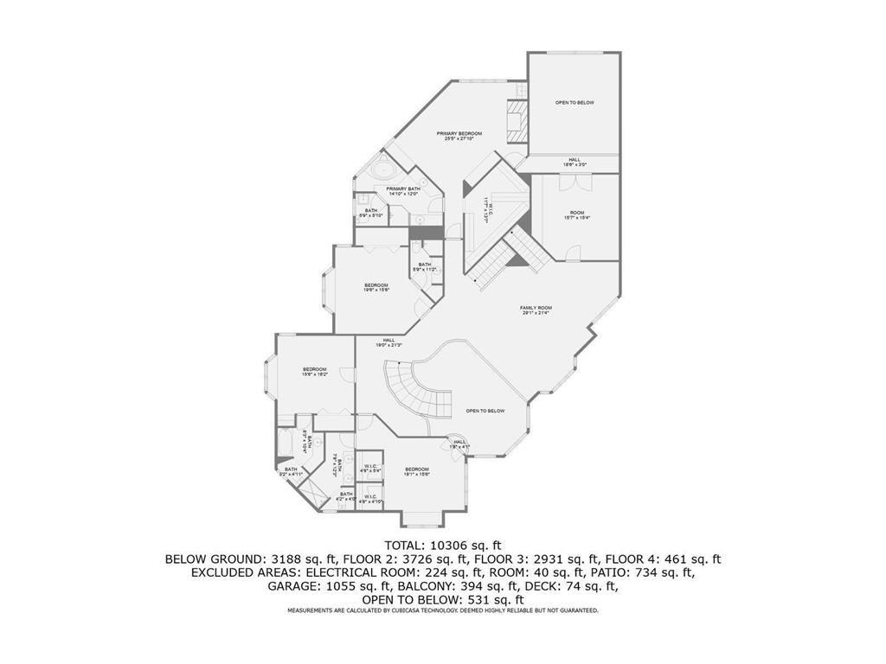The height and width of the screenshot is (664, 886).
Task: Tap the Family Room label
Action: click(536, 310)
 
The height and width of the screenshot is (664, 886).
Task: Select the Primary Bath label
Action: click(403, 191)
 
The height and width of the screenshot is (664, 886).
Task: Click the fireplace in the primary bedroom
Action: click(516, 120)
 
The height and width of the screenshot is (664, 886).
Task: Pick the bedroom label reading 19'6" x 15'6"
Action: click(376, 288)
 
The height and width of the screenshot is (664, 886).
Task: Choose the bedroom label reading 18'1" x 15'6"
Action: click(417, 471)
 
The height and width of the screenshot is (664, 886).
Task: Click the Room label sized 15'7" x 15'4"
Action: click(576, 215)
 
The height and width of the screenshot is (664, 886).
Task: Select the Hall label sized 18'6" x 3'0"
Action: click(575, 162)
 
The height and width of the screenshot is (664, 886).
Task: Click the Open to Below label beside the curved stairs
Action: click(485, 411)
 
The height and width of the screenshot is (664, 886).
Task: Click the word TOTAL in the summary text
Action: click(405, 545)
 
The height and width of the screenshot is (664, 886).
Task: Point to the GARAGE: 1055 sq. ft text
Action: click(317, 586)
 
